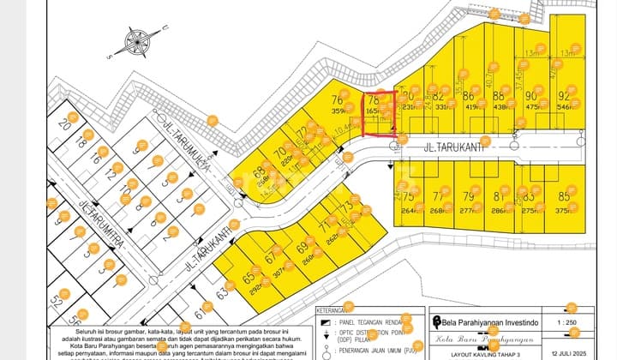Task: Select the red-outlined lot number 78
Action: (x=374, y=100)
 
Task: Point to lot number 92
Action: (x=564, y=96)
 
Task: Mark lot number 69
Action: (x=302, y=249)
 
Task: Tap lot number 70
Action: (x=279, y=155)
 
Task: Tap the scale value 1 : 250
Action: (x=569, y=321)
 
